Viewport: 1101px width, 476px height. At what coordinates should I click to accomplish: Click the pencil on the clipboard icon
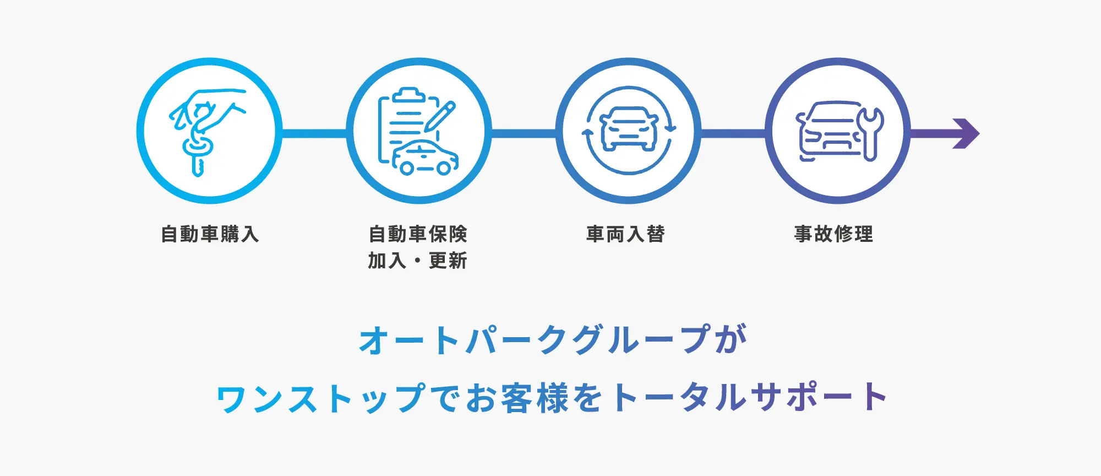tap(440, 116)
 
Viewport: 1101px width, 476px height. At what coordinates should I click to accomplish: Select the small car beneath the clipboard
tap(425, 159)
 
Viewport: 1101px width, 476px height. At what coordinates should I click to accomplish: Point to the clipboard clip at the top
tap(408, 95)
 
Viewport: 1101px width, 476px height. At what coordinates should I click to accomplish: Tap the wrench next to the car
tap(871, 132)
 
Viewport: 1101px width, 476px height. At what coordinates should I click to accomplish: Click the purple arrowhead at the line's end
tap(967, 133)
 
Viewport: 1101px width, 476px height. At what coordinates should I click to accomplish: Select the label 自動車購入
tap(210, 234)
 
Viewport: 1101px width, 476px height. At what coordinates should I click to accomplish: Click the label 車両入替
tap(625, 234)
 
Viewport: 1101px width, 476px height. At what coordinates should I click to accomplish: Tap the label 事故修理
tap(833, 234)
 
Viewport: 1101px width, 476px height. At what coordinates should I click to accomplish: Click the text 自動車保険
tap(418, 234)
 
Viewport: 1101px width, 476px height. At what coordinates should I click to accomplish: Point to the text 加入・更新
tap(418, 261)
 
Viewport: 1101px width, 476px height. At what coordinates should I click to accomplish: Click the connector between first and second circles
tap(314, 133)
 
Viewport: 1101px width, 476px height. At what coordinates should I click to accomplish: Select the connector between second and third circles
tap(523, 133)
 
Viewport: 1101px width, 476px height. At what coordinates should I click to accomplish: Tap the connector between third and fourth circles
tap(733, 133)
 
